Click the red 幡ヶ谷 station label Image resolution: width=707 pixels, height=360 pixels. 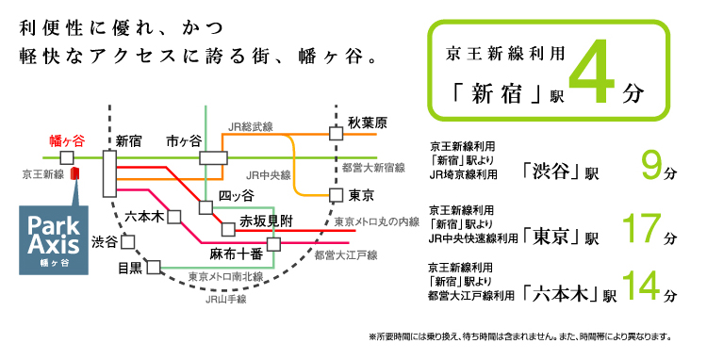67,140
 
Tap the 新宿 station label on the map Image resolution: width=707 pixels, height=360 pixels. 128,140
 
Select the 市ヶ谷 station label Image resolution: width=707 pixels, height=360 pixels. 183,140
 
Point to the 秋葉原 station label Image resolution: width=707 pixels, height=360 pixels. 368,123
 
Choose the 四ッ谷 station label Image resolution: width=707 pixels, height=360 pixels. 237,195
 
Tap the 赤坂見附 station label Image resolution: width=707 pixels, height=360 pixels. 265,221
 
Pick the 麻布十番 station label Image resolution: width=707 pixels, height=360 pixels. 235,254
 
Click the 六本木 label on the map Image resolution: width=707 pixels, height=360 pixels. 145,216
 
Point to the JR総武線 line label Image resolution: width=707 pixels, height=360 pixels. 251,125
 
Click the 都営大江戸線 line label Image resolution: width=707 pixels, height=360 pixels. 345,254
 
